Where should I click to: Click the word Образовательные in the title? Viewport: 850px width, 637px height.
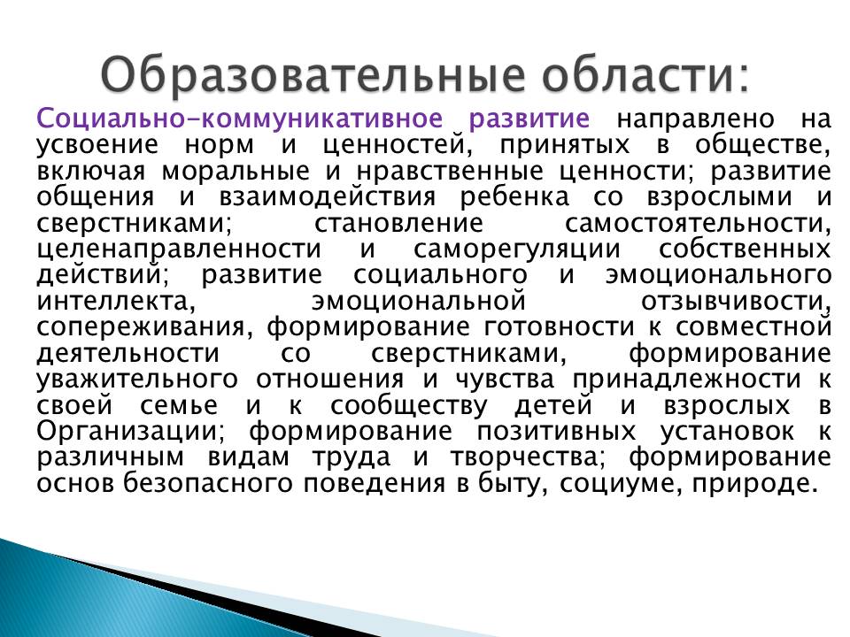[x=313, y=74]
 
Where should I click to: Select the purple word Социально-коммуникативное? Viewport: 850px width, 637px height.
[x=240, y=119]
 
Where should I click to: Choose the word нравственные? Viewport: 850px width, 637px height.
[x=450, y=172]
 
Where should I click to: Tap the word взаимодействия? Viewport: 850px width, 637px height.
[x=327, y=197]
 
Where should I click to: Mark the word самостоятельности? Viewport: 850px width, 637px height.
[x=698, y=223]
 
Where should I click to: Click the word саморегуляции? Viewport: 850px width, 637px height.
[x=516, y=249]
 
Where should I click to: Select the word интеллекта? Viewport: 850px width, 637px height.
[x=116, y=301]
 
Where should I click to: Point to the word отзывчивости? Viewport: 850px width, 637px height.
[x=736, y=301]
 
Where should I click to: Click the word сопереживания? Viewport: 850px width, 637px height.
[x=144, y=327]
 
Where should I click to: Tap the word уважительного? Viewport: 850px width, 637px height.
[x=137, y=380]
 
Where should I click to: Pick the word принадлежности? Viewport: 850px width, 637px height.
[x=686, y=380]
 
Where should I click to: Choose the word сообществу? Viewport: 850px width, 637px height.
[x=409, y=406]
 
